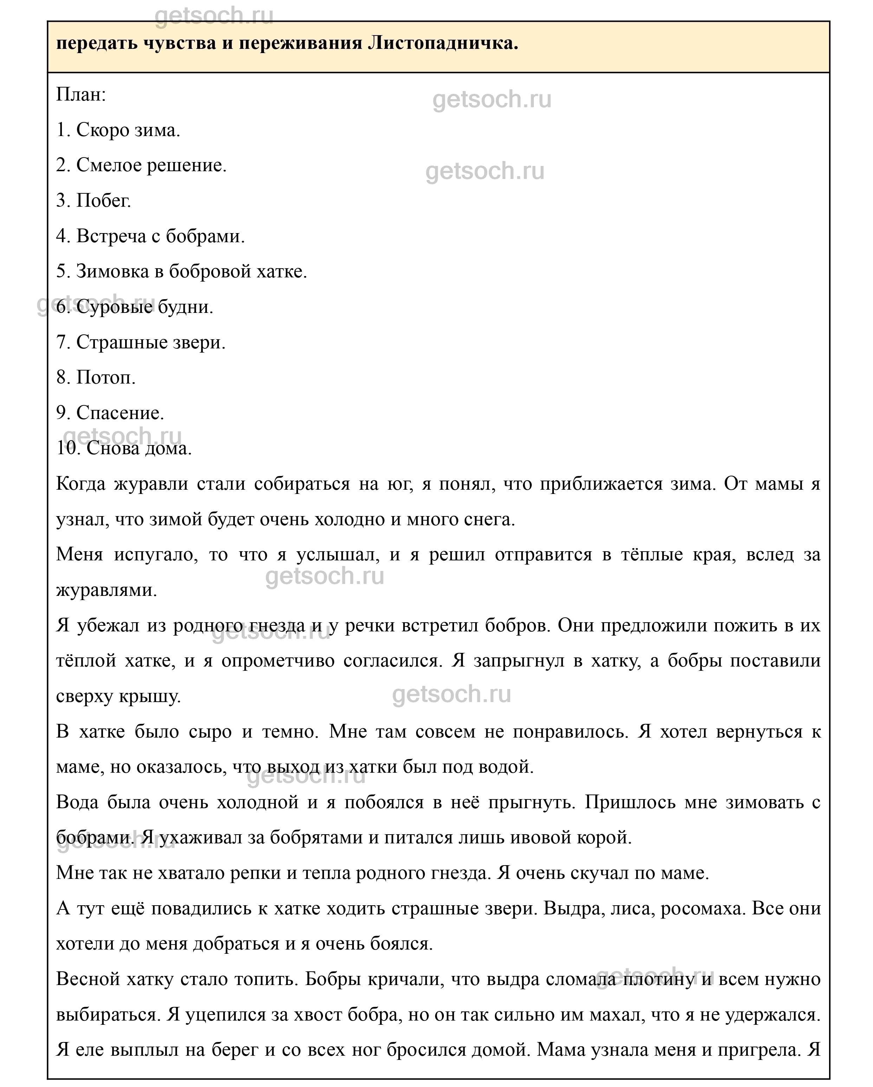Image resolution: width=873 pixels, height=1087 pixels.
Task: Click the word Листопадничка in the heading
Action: click(443, 44)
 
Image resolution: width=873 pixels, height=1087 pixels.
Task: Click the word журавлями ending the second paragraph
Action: click(106, 590)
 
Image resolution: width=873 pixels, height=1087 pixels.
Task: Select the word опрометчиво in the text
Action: click(278, 661)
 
